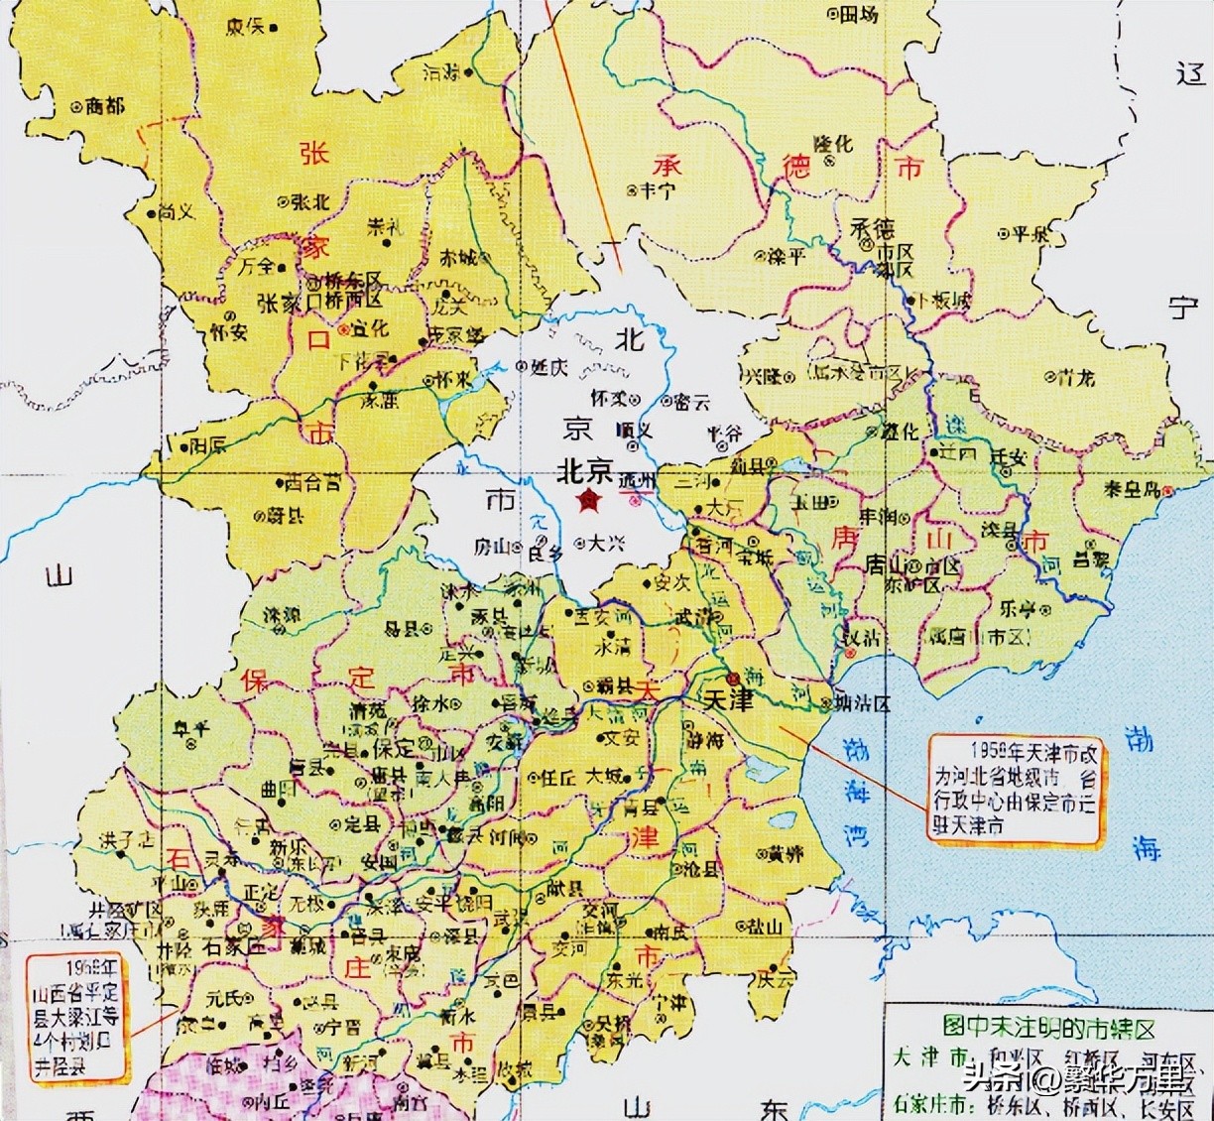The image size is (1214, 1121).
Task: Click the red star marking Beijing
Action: pos(591,500)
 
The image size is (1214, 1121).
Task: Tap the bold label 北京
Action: pos(586,470)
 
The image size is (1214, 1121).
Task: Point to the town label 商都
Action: pos(105,105)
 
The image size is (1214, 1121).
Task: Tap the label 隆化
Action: pos(832,144)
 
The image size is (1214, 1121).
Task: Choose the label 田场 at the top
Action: pos(858,14)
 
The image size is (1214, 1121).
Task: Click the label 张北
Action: pos(307,201)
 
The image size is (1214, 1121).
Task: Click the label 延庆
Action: pos(548,367)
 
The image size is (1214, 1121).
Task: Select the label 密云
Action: pos(691,402)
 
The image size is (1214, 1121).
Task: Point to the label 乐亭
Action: pos(1017,606)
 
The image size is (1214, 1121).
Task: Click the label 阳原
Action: pos(209,443)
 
